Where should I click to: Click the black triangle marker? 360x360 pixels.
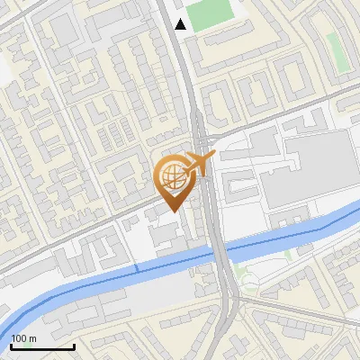181,23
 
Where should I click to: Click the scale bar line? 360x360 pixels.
42,346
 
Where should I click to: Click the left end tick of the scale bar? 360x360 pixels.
11,345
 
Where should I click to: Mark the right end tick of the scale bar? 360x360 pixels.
74,345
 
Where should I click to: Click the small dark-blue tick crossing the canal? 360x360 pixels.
138,267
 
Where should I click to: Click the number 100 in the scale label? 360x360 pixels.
19,338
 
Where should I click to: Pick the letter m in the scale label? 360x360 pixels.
31,338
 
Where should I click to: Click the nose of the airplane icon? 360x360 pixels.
213,157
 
